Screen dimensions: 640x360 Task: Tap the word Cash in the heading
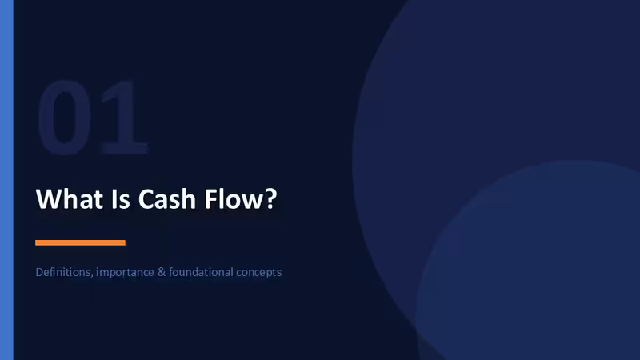coord(167,199)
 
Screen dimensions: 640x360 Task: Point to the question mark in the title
coord(270,199)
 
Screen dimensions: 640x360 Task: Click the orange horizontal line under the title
coord(81,242)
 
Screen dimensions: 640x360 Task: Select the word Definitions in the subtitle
coord(64,272)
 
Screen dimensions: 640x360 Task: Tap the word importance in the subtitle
coord(125,273)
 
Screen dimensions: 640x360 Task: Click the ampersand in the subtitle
coord(162,272)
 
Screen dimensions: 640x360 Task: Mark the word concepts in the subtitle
coord(259,273)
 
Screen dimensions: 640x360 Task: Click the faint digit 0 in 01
coord(65,118)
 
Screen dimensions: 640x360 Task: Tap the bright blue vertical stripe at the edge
coord(6,180)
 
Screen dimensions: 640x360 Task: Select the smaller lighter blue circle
coord(530,262)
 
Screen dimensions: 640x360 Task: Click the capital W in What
coord(50,199)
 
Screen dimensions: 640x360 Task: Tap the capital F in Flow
coord(210,199)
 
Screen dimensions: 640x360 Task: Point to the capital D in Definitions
coord(39,272)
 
